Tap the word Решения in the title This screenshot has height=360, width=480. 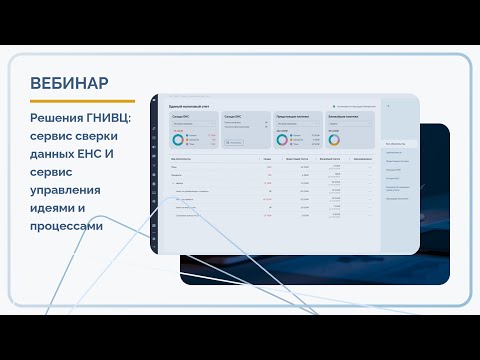(57, 120)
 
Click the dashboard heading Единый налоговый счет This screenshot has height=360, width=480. (187, 105)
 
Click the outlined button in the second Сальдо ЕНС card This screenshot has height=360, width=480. (236, 142)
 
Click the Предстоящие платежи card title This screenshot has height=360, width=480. (292, 116)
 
